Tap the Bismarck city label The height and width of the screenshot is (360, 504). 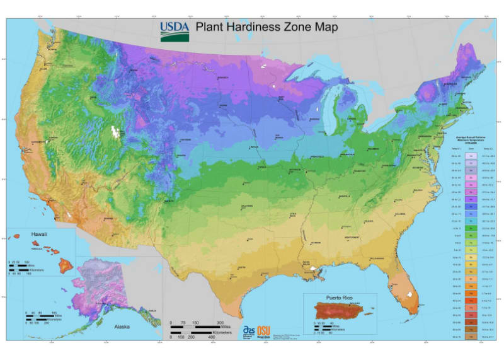pyautogui.click(x=222, y=78)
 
